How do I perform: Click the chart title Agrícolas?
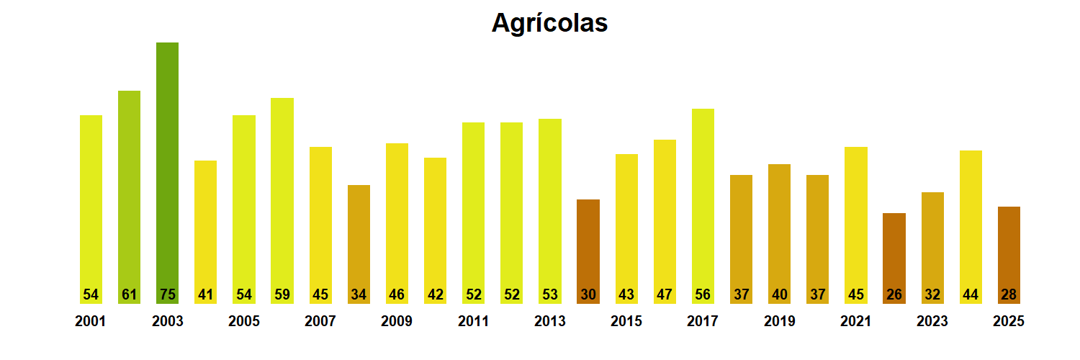point(549,23)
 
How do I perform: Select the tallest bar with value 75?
point(167,173)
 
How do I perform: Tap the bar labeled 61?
point(129,197)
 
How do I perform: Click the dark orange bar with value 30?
point(588,251)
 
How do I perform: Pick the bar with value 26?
point(894,258)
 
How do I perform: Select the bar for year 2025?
point(1009,256)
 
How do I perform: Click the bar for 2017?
point(703,206)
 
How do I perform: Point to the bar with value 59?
point(282,201)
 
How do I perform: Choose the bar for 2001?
point(91,210)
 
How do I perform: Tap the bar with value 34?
point(359,244)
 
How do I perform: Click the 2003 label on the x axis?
point(167,321)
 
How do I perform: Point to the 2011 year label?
point(474,321)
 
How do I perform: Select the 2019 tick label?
point(780,321)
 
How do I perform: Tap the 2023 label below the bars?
point(932,321)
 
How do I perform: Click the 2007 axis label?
point(320,321)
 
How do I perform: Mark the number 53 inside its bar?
point(550,294)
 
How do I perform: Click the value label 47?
point(665,294)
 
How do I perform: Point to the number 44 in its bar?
point(971,294)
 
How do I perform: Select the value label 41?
point(205,294)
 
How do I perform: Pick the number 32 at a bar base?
point(932,294)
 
